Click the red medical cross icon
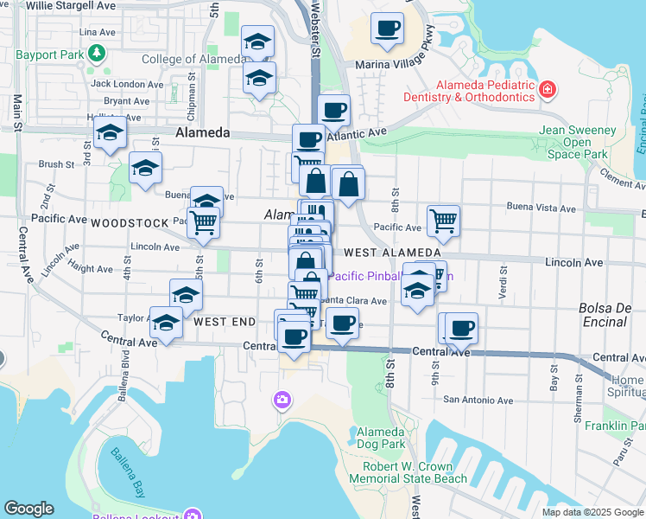(x=547, y=89)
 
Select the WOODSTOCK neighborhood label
(x=130, y=222)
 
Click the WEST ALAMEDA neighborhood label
(x=391, y=253)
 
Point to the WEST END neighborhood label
(x=225, y=322)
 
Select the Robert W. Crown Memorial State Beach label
(x=408, y=472)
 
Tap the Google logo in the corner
(x=28, y=508)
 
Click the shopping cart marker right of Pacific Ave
(x=443, y=221)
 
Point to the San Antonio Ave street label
(x=478, y=400)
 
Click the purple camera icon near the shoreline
(x=282, y=399)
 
